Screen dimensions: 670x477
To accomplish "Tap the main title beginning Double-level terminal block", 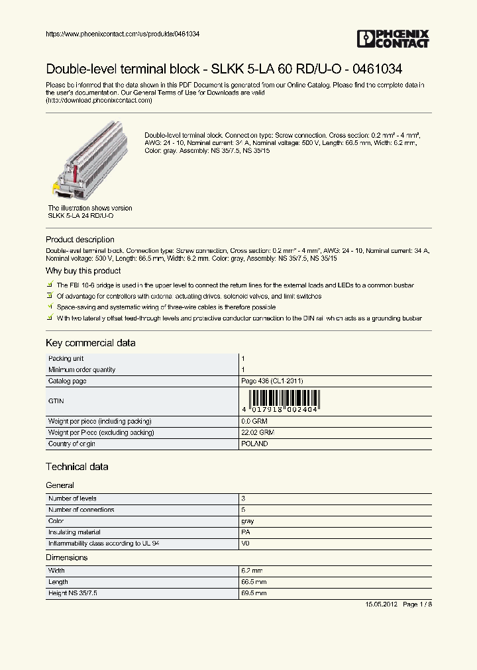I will pos(223,69).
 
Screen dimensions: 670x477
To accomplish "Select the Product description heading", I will pos(79,240).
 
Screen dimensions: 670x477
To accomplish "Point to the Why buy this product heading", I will pos(83,271).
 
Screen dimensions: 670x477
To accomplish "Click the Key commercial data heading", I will pos(90,343).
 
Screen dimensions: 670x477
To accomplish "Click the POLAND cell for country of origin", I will pos(254,444).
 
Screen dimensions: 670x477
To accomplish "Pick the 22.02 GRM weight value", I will pos(258,432).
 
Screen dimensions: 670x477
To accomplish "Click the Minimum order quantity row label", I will pos(81,369).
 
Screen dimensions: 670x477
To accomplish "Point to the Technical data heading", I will pos(77,467).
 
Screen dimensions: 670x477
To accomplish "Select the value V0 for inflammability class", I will pos(245,544).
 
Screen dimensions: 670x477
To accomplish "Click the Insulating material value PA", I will pos(245,532).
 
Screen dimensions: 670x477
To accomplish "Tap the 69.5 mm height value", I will pos(254,594).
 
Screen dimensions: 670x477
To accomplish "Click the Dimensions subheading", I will pos(66,557).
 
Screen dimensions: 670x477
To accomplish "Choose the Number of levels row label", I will pos(72,499).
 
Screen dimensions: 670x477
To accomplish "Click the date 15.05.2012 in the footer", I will pos(381,604).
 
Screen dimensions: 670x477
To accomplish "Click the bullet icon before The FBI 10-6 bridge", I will pos(50,285).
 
